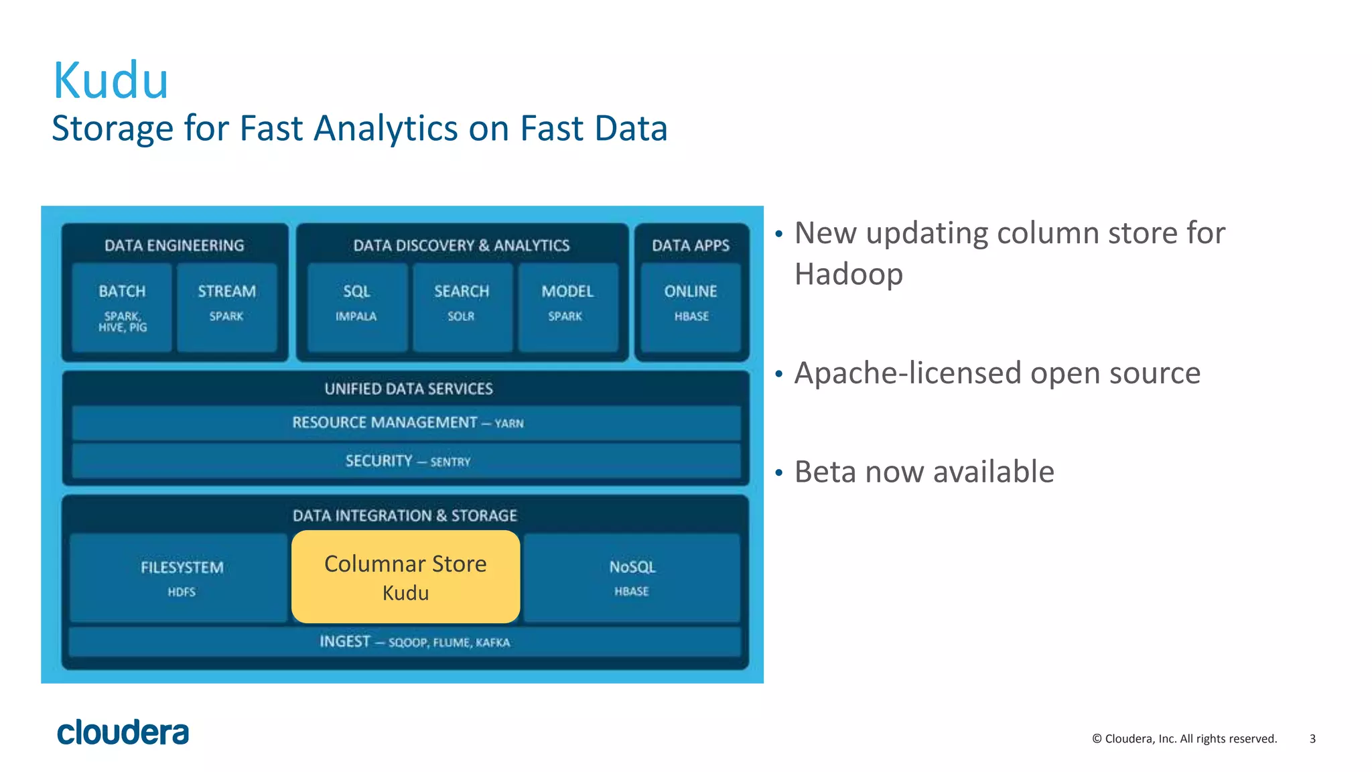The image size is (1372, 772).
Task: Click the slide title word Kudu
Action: click(111, 81)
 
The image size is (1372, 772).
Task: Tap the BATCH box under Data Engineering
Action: click(122, 308)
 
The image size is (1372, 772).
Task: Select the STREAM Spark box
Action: click(227, 308)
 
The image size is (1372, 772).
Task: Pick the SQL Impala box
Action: click(357, 308)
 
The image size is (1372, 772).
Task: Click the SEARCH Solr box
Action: click(462, 308)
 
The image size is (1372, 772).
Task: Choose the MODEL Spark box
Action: click(567, 308)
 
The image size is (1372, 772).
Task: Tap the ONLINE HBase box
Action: click(691, 308)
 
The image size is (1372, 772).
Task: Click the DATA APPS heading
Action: click(691, 245)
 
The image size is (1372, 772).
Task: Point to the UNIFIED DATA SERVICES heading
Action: click(409, 389)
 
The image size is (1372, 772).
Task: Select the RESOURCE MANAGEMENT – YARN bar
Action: click(407, 423)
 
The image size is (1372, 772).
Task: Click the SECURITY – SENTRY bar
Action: click(407, 461)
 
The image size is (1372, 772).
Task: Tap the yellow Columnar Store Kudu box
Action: click(405, 577)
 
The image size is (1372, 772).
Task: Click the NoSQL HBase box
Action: click(632, 578)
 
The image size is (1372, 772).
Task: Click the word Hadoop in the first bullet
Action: click(848, 274)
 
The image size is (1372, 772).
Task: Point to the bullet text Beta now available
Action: click(924, 472)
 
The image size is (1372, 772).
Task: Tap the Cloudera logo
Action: click(123, 732)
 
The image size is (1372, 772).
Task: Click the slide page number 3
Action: click(1312, 738)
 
